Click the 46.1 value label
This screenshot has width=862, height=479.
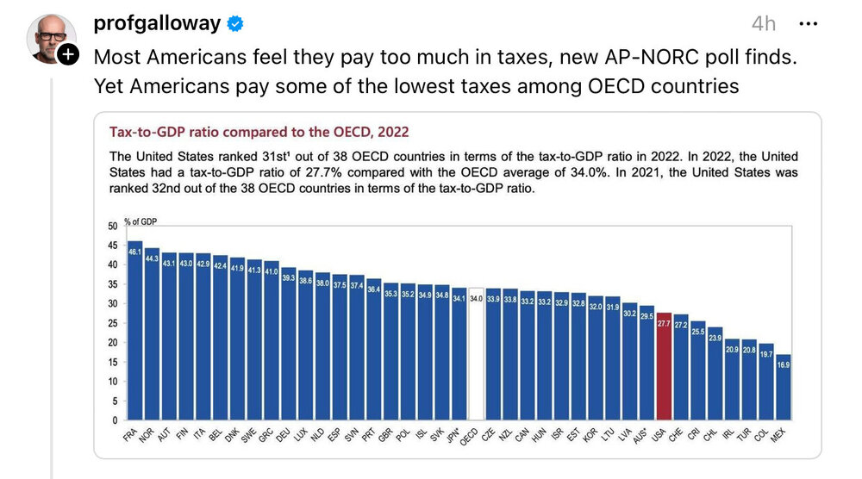[x=134, y=252]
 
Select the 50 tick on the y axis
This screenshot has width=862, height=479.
[x=111, y=227]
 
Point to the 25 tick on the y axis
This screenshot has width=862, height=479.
[x=111, y=323]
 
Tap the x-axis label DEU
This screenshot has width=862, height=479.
[x=284, y=434]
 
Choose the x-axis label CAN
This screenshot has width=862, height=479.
[x=522, y=434]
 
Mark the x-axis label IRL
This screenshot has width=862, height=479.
[x=728, y=434]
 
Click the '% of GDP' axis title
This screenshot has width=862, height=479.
[x=141, y=221]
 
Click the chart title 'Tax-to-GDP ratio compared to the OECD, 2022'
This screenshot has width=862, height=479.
[x=259, y=132]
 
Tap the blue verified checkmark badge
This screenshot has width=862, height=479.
[x=234, y=23]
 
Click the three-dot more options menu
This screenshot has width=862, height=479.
[x=808, y=23]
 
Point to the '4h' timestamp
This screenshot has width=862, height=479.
[x=764, y=23]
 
